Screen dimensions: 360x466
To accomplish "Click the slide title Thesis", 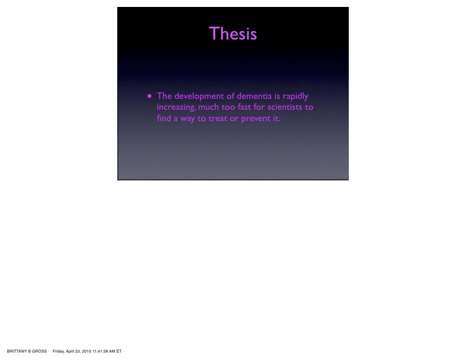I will click(x=233, y=34).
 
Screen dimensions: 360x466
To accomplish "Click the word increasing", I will click(x=176, y=108).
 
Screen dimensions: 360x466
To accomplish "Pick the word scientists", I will click(x=286, y=107).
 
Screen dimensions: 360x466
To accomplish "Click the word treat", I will click(x=218, y=119).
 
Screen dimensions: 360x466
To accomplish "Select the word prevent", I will click(x=257, y=119).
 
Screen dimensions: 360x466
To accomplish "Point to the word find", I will click(x=163, y=119).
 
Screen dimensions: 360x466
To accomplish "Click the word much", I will click(x=208, y=107).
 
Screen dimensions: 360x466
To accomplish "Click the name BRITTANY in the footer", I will click(x=17, y=351).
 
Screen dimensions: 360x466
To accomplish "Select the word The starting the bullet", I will click(x=164, y=96).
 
